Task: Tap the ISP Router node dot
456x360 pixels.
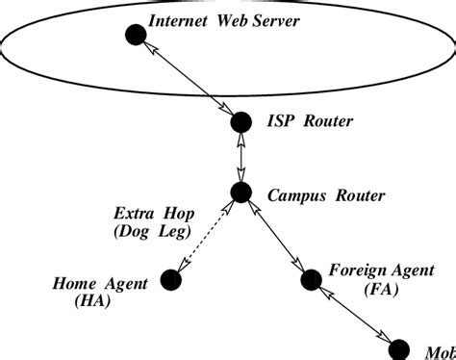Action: pos(241,122)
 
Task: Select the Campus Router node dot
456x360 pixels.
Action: pos(241,192)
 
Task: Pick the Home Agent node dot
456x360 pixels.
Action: pos(171,280)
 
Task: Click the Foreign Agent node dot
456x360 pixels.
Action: pos(311,280)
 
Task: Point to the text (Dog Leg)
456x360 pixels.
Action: pos(149,232)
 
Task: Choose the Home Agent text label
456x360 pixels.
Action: pos(100,283)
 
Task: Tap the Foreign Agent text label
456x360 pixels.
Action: pos(374,270)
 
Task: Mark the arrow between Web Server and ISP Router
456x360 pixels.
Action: pos(189,80)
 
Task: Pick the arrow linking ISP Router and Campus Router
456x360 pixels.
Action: pos(241,157)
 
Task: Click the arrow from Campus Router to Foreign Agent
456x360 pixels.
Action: pos(277,237)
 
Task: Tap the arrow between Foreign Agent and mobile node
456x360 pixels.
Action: pos(355,312)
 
